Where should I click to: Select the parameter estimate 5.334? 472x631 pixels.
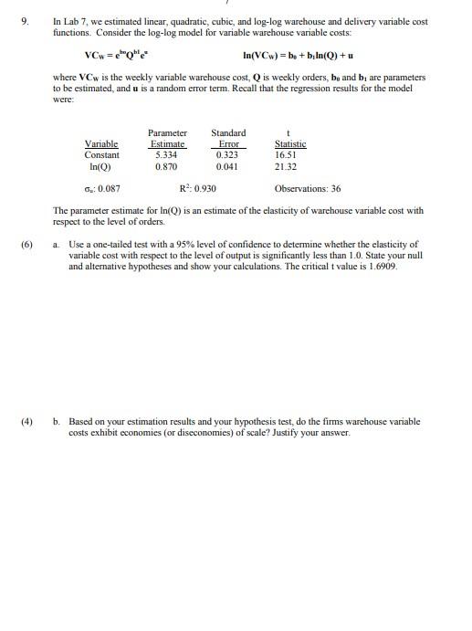[166, 155]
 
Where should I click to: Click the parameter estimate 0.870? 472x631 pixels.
[166, 167]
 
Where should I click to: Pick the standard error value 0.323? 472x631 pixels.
[227, 155]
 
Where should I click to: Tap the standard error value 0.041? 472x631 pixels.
[227, 167]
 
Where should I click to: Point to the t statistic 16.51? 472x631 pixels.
[286, 155]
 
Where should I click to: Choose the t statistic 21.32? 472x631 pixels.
[286, 167]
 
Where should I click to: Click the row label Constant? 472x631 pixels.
[101, 155]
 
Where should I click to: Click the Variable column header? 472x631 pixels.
[100, 144]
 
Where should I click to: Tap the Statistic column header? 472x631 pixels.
[290, 144]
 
